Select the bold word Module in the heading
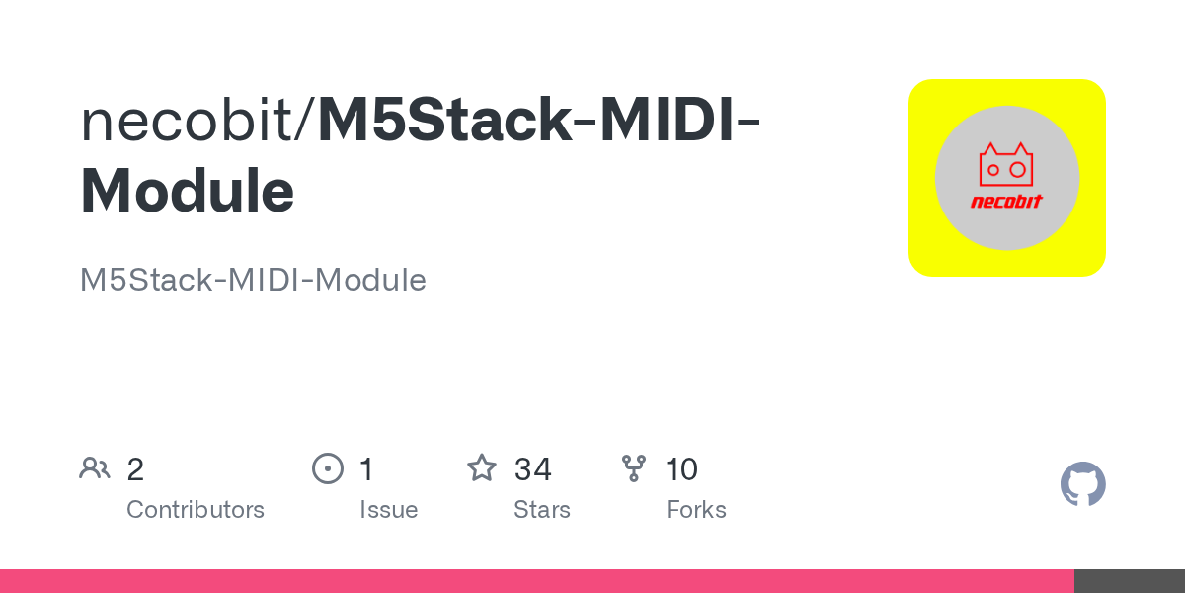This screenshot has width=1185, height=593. tap(188, 190)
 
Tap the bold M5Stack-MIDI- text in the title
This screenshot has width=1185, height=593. tap(538, 120)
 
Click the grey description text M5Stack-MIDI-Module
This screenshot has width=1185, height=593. tap(253, 279)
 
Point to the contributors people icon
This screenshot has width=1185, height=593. tap(95, 468)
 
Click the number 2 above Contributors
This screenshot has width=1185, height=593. tap(135, 469)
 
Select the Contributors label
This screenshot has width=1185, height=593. tap(196, 509)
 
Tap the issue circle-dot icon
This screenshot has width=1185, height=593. tap(328, 468)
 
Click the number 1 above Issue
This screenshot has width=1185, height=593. tap(367, 469)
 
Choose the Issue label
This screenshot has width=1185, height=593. tap(389, 509)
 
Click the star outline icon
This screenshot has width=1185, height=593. tap(482, 468)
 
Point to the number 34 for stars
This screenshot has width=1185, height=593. tap(532, 469)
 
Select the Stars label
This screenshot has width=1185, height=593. tap(542, 509)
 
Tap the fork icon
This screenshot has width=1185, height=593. tap(634, 468)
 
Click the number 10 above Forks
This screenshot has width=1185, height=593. tap(682, 469)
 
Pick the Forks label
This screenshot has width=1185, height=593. tap(696, 509)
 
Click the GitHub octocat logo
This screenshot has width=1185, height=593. tap(1083, 484)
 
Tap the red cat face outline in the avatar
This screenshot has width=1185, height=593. tap(1006, 165)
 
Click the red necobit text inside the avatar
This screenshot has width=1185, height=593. tap(1006, 202)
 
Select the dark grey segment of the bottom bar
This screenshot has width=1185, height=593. tap(1130, 581)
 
